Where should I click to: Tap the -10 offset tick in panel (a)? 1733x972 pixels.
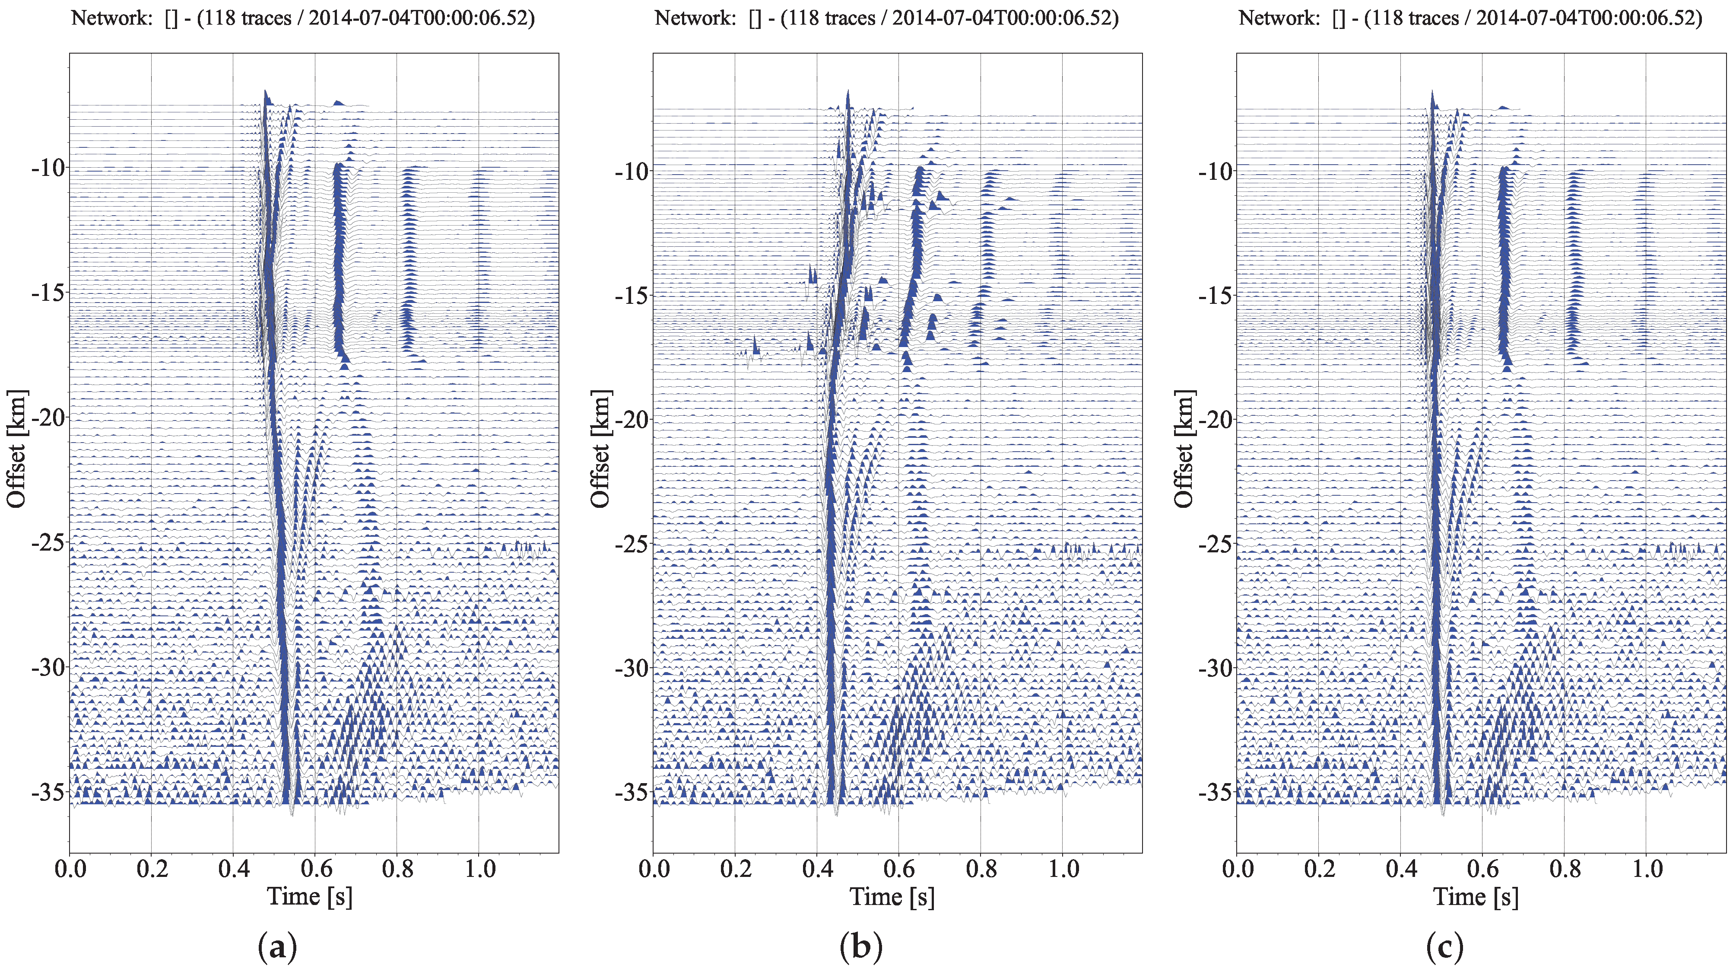coord(48,168)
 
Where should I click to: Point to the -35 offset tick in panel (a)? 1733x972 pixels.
coord(48,792)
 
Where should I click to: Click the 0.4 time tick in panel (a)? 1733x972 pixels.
coord(233,869)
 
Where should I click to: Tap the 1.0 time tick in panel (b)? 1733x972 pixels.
coord(1063,869)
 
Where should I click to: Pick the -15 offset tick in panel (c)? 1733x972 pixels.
coord(1216,294)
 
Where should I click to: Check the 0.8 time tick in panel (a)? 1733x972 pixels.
coord(397,869)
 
